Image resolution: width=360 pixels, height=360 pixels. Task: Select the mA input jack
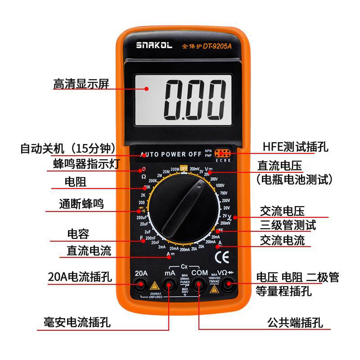coord(170,284)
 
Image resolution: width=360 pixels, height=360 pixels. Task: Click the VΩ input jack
coord(228,284)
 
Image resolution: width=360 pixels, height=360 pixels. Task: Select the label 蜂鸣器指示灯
coord(86,164)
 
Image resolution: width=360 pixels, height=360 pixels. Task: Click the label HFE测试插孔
coord(296,147)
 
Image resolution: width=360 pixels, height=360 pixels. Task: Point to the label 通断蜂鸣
coord(81,204)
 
